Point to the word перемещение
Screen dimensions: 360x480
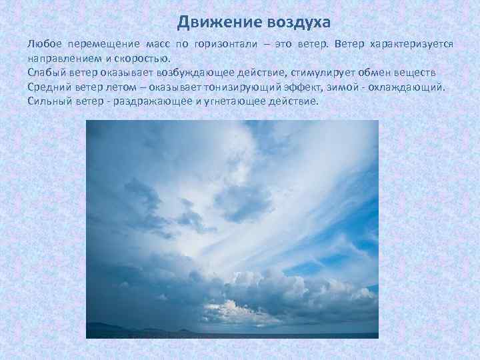pos(102,43)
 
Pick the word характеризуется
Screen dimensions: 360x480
pos(408,43)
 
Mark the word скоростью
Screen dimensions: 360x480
pos(145,58)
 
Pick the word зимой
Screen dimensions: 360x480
pos(353,87)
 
